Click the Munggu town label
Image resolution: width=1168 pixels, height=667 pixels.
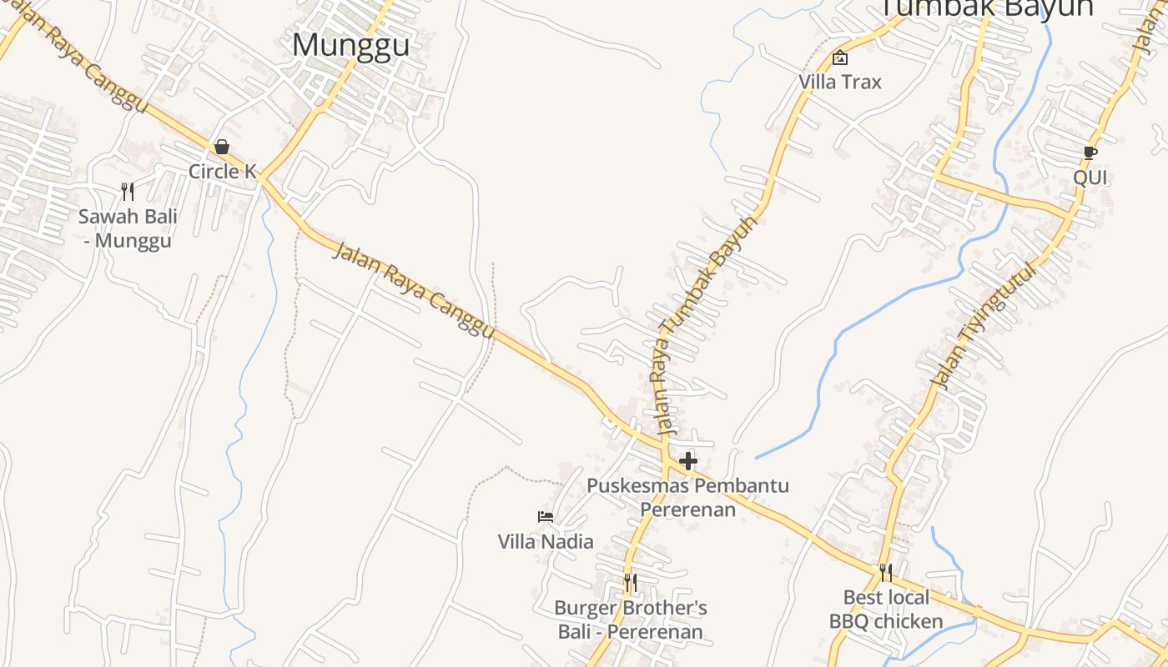coord(350,45)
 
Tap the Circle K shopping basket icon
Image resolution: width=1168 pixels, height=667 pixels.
coord(222,148)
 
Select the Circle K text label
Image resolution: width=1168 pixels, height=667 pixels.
coord(222,171)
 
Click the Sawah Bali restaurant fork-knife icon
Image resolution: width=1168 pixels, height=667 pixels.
coord(128,192)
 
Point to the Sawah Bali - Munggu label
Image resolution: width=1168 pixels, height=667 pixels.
coord(128,228)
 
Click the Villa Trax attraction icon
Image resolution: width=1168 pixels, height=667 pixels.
coord(840,58)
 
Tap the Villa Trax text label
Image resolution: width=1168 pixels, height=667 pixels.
coord(840,82)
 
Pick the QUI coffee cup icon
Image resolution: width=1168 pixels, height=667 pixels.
coord(1090,153)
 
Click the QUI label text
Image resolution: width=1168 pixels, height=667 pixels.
coord(1090,178)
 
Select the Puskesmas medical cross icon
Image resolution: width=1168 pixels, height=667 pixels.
coord(688,461)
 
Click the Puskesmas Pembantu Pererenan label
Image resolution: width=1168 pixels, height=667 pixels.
coord(688,497)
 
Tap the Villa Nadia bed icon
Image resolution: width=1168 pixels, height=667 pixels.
coord(546,517)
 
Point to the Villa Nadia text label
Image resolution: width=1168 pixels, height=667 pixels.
coord(546,541)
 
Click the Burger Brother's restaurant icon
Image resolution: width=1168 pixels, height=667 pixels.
coord(631,582)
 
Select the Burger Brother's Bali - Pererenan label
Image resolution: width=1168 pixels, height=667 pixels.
coord(631,619)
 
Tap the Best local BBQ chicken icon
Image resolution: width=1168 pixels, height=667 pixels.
coord(886,573)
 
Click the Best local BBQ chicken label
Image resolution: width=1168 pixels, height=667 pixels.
coord(886,609)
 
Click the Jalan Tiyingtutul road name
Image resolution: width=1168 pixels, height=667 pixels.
coord(984,325)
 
